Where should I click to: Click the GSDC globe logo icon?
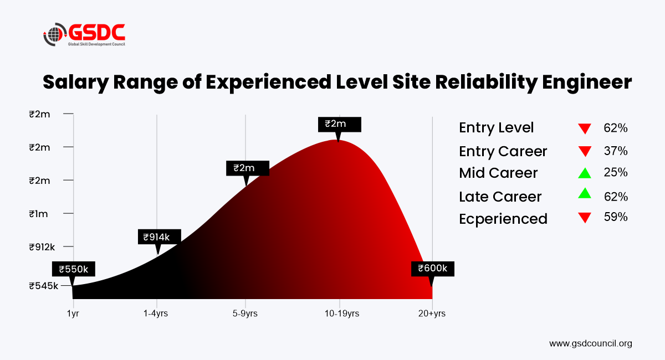[55, 34]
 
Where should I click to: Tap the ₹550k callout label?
[74, 269]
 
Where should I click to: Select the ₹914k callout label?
[160, 237]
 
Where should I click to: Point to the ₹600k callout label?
[433, 269]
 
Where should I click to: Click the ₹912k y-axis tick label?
[42, 247]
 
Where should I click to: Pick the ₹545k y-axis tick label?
[43, 286]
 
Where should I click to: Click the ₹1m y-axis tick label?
[38, 214]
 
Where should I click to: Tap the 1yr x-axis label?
[73, 313]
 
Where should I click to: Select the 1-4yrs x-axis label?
[156, 313]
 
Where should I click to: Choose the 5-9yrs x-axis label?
[245, 313]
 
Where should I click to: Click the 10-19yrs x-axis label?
[342, 313]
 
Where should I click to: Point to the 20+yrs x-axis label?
[432, 313]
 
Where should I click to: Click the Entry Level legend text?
[497, 128]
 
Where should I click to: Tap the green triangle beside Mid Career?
[585, 173]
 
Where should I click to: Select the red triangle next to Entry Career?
[585, 151]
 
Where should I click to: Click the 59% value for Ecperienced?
[616, 217]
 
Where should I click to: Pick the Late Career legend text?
[500, 197]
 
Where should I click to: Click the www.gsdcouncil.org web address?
[591, 344]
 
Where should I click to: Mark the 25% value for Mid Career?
[616, 172]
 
